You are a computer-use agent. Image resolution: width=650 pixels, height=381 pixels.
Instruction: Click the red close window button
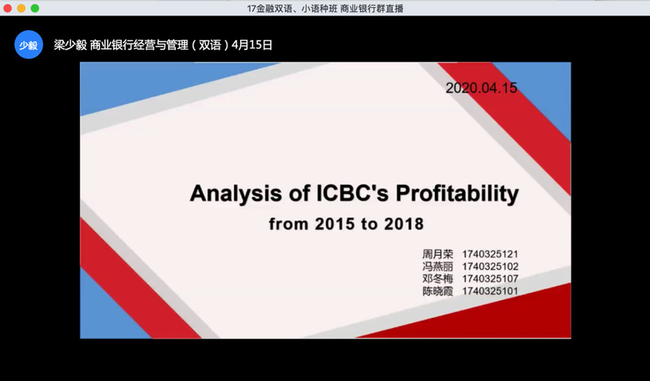7,8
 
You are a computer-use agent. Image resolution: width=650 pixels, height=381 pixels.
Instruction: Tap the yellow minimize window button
21,8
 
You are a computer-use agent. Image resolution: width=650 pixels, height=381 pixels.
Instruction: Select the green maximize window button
35,8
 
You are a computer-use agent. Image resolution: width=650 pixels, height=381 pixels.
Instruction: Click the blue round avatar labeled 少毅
28,45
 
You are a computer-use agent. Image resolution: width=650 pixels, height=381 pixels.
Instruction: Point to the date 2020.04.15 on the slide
482,88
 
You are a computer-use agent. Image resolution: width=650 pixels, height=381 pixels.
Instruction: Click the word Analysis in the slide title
236,194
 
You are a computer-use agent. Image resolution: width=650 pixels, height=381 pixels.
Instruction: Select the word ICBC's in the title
352,193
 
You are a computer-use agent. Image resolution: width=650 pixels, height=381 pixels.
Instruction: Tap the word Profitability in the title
457,194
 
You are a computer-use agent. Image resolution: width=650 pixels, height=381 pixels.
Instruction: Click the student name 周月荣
438,254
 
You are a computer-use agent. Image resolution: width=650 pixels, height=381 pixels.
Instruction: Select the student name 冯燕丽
438,266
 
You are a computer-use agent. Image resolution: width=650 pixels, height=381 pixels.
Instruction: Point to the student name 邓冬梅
438,279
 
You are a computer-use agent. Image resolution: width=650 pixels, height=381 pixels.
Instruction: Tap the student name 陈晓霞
438,291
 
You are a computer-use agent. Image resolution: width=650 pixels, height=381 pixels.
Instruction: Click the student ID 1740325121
491,254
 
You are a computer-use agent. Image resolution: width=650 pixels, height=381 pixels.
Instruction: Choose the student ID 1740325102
491,266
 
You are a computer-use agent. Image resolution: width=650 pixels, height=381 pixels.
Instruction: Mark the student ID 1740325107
491,279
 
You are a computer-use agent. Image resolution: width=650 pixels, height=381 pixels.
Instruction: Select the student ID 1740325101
491,291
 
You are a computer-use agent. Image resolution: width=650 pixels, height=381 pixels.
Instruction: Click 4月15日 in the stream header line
252,45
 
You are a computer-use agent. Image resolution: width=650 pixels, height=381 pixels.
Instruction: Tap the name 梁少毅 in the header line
70,45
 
